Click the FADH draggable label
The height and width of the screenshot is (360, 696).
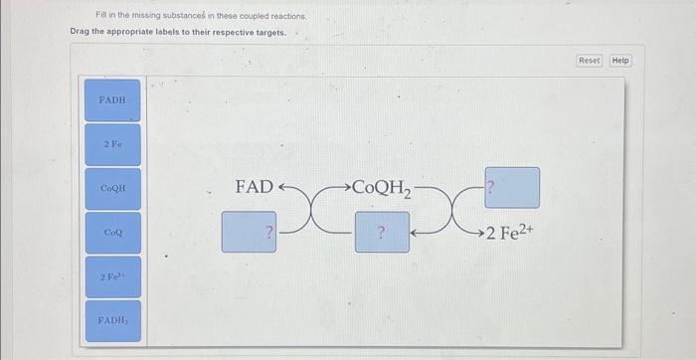pyautogui.click(x=112, y=100)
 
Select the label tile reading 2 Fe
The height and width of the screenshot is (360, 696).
pyautogui.click(x=112, y=144)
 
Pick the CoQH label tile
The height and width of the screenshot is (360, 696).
pyautogui.click(x=112, y=188)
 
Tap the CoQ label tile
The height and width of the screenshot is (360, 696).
pyautogui.click(x=112, y=232)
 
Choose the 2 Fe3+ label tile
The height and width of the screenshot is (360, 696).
pyautogui.click(x=112, y=275)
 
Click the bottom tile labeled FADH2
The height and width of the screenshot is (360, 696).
pyautogui.click(x=112, y=320)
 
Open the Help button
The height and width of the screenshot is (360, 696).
pyautogui.click(x=620, y=61)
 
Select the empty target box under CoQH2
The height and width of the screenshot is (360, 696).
pyautogui.click(x=382, y=232)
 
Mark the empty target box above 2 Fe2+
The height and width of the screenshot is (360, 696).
pyautogui.click(x=512, y=187)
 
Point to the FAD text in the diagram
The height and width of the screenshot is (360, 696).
pyautogui.click(x=254, y=187)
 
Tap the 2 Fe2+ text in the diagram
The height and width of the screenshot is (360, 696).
pyautogui.click(x=513, y=233)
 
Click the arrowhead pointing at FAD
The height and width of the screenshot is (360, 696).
pyautogui.click(x=282, y=187)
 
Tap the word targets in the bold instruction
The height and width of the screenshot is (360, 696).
pyautogui.click(x=270, y=33)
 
